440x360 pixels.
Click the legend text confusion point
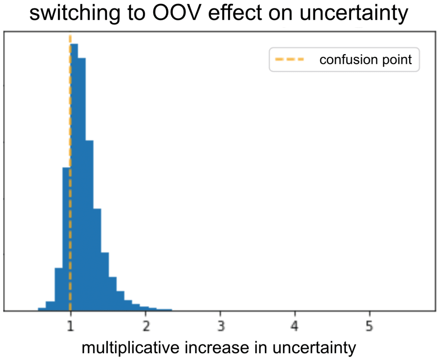(x=366, y=60)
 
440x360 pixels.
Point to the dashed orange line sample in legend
(x=286, y=60)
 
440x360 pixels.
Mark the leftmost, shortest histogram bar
(x=42, y=308)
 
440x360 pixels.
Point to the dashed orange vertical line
(x=70, y=129)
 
